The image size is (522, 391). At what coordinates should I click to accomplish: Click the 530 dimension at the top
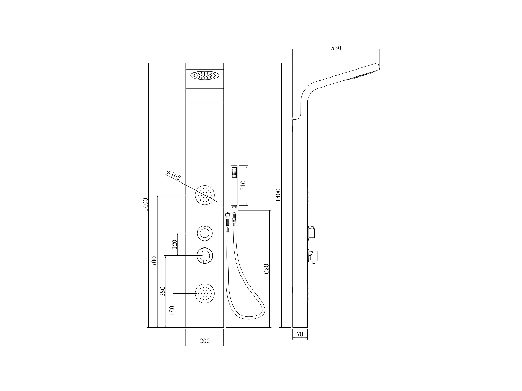pos(336,48)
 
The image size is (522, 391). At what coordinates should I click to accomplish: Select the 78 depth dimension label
pos(300,334)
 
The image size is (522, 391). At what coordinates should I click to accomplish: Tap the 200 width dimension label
pos(205,341)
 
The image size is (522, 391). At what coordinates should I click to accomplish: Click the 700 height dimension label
pos(155,261)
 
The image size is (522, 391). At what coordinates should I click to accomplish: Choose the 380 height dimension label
pos(163,291)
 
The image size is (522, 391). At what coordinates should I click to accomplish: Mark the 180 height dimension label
pos(172,310)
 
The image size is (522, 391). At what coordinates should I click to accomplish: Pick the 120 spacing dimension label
pos(175,243)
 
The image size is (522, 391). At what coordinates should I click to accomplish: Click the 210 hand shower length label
pos(243,185)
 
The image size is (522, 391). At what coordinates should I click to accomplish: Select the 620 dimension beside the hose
pos(267,269)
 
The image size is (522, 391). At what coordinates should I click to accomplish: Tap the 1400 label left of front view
pos(145,204)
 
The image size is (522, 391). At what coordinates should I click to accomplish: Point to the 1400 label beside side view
pos(278,195)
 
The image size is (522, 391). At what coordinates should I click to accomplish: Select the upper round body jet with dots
pos(205,195)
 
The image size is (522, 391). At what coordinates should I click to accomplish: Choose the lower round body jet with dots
pos(205,293)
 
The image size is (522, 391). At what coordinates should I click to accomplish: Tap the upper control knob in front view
pos(205,233)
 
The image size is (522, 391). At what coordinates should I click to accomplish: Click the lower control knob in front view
pos(205,256)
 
